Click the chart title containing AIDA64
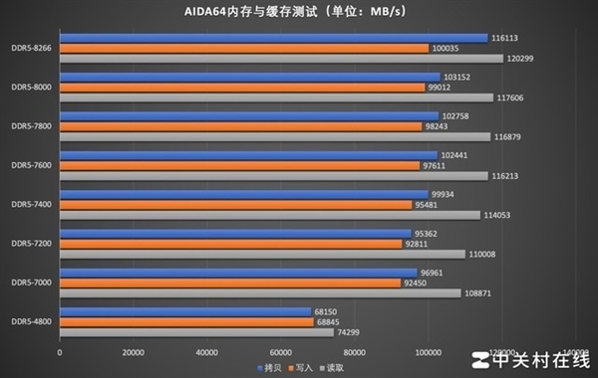pyautogui.click(x=299, y=11)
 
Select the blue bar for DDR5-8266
pyautogui.click(x=274, y=38)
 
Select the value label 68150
pyautogui.click(x=328, y=311)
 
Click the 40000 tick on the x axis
pyautogui.click(x=207, y=352)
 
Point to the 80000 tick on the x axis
pyautogui.click(x=355, y=352)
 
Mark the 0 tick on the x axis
pyautogui.click(x=61, y=352)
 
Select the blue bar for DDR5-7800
pyautogui.click(x=249, y=116)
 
